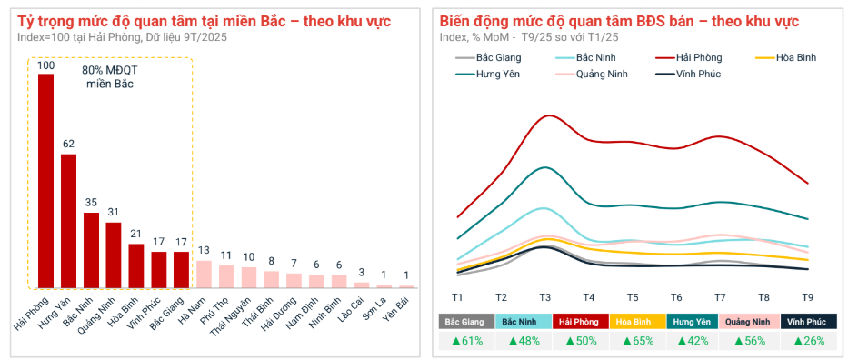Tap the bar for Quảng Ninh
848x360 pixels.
coord(114,255)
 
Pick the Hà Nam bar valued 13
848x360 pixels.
coord(204,274)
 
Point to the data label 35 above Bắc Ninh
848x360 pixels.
coord(91,203)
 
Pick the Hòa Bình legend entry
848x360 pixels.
coord(795,57)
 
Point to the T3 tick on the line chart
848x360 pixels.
coord(544,297)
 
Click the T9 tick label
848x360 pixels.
coord(807,297)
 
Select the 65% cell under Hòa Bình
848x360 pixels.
coord(636,341)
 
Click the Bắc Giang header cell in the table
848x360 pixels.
coord(465,322)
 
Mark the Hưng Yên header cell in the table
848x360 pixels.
coord(693,322)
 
